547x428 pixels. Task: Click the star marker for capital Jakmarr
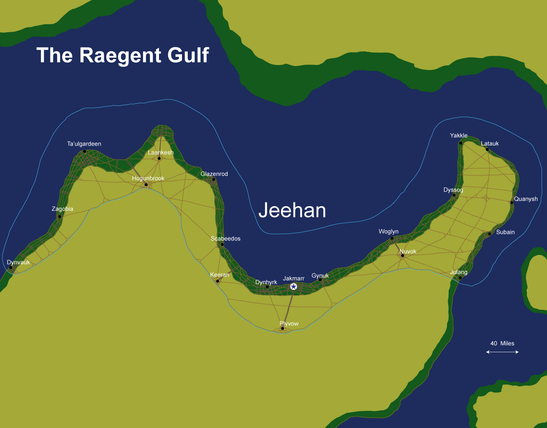294,286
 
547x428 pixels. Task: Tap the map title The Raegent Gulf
123,55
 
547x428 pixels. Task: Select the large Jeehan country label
292,211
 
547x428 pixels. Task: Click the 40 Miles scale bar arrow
502,352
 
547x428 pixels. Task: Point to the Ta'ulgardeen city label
84,144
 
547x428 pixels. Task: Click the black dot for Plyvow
282,328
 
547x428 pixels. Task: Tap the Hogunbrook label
148,178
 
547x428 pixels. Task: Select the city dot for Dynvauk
11,267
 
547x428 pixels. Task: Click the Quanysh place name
525,199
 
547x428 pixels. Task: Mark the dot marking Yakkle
461,143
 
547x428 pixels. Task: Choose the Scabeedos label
225,238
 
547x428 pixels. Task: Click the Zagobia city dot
59,216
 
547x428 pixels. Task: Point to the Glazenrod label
214,174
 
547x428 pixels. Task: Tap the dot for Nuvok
403,255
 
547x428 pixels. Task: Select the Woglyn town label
388,231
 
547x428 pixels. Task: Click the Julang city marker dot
460,278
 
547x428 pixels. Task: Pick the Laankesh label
160,153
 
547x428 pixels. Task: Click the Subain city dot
489,234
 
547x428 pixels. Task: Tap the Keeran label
220,275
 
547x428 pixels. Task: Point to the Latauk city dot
487,149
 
